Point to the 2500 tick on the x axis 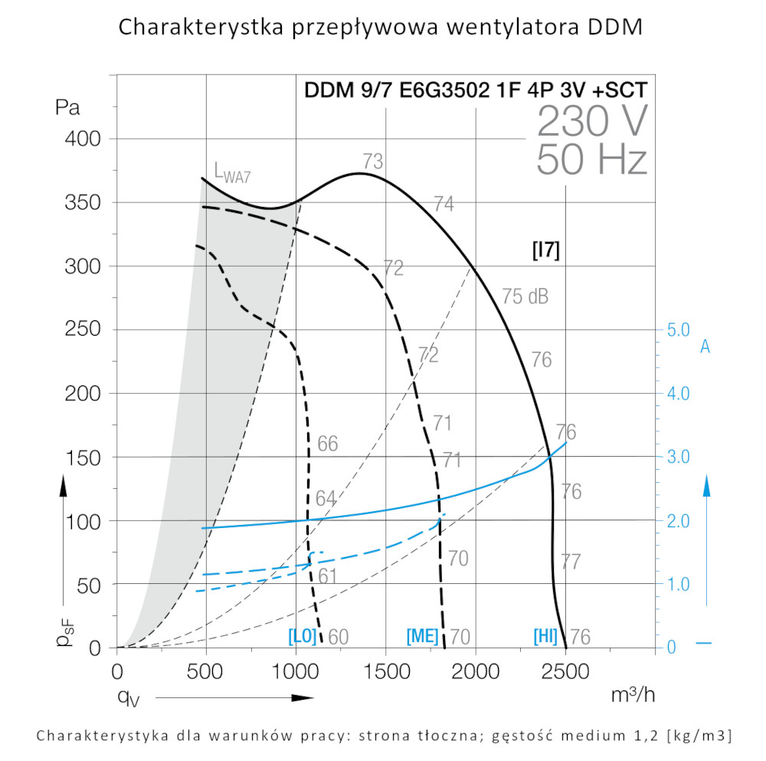coord(565,672)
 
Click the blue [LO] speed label coord(302,636)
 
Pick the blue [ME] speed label coord(422,636)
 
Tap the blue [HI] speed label coord(545,636)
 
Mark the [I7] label coord(545,251)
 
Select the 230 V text coord(592,121)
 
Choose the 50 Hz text coord(592,160)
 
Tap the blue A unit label coord(705,347)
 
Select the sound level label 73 coord(373,162)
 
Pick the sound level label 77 coord(571,561)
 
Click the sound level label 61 coord(328,576)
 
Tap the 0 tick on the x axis coord(117,672)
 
